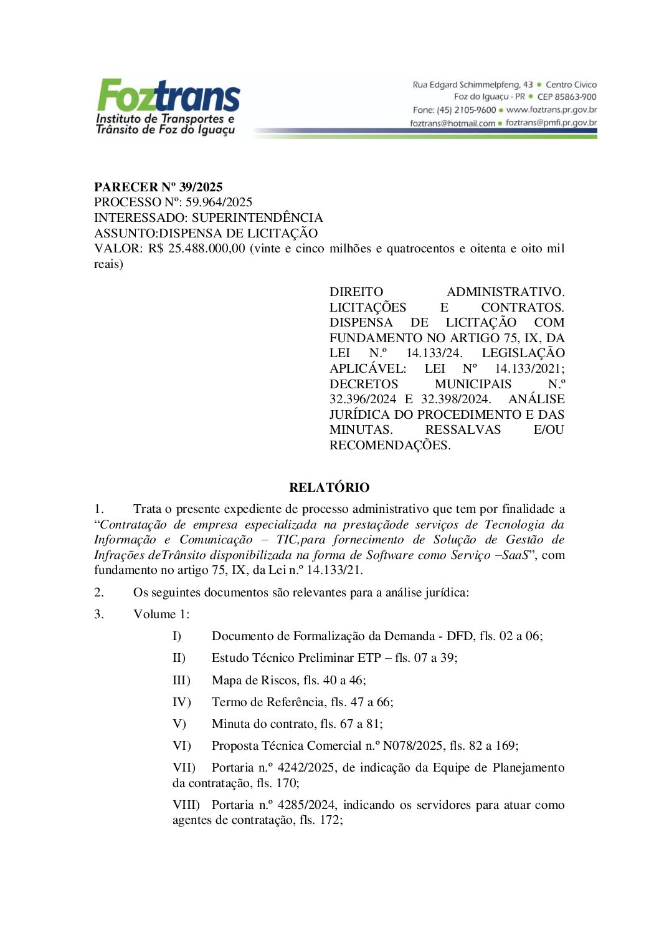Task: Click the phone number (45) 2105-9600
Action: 466,110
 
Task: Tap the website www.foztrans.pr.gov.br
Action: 551,110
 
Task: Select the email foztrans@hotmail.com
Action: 452,123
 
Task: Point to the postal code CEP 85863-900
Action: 567,97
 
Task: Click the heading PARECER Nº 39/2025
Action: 158,187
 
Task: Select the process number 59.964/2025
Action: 219,202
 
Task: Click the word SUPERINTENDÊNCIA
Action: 257,218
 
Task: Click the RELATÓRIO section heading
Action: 329,487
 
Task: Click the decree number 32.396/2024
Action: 363,399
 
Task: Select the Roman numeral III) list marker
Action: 181,680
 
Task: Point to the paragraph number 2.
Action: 99,592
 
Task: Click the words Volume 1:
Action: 161,614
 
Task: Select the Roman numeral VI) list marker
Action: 181,745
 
